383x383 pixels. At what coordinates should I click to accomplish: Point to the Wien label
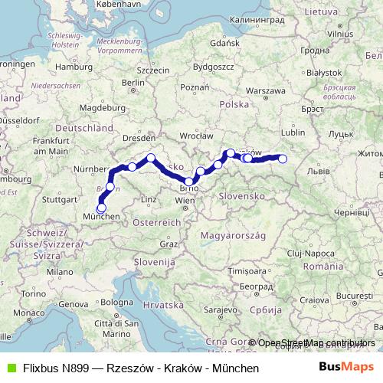(x=185, y=200)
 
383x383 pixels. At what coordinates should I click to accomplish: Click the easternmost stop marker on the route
(x=283, y=159)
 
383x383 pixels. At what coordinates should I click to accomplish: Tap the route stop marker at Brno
(x=189, y=182)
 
